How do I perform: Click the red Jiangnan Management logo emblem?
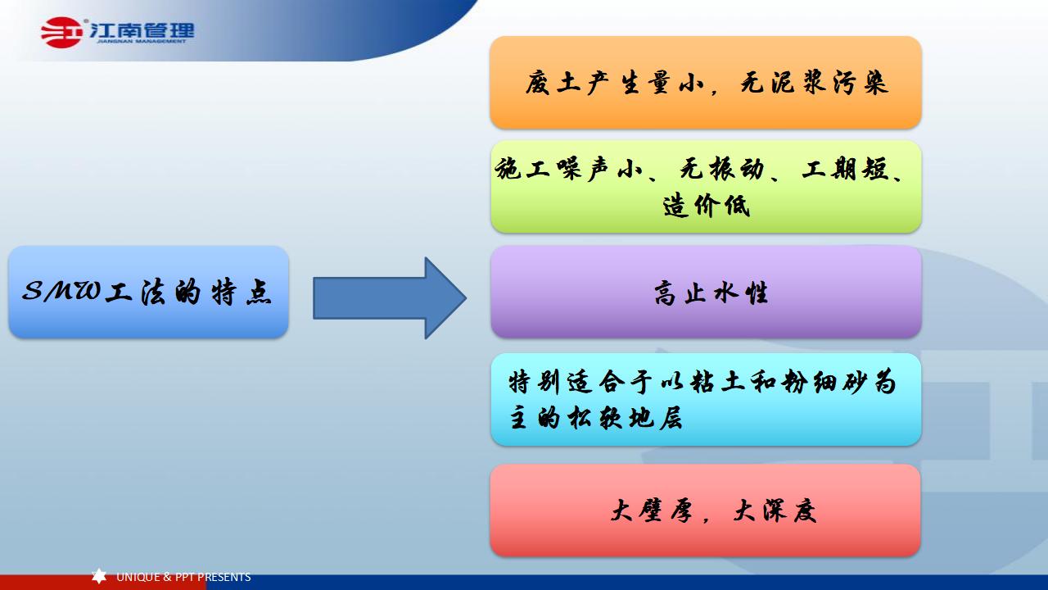coord(62,33)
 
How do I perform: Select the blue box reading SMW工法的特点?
coord(148,292)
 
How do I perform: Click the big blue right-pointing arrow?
coord(390,297)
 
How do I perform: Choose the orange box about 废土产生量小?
coord(706,82)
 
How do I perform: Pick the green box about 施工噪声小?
coord(706,187)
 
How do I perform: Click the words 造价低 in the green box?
coord(707,206)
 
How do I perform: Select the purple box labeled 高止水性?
coord(706,292)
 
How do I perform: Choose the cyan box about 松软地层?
coord(706,399)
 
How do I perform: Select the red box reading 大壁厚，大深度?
coord(706,511)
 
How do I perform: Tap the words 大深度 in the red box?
coord(775,511)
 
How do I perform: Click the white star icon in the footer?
coord(99,577)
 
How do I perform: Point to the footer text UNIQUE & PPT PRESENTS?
coord(183,577)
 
